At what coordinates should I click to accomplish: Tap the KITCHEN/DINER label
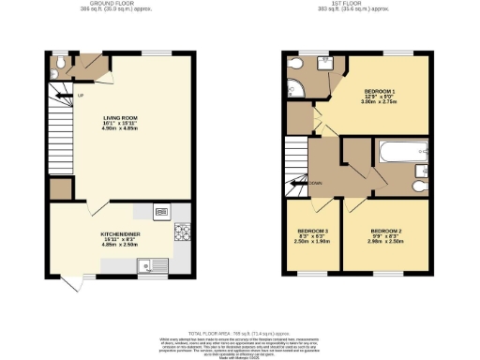click(x=121, y=234)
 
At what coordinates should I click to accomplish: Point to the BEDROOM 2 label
click(x=385, y=231)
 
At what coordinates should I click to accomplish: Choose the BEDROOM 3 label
click(x=312, y=231)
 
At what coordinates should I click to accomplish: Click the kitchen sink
click(x=146, y=267)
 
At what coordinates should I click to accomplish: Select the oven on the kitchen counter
click(x=161, y=212)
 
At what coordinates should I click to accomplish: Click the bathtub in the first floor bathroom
click(x=402, y=152)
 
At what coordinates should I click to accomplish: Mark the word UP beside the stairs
click(x=81, y=95)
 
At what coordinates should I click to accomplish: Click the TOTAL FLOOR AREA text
click(x=240, y=333)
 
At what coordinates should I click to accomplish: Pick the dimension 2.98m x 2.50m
click(x=385, y=241)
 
